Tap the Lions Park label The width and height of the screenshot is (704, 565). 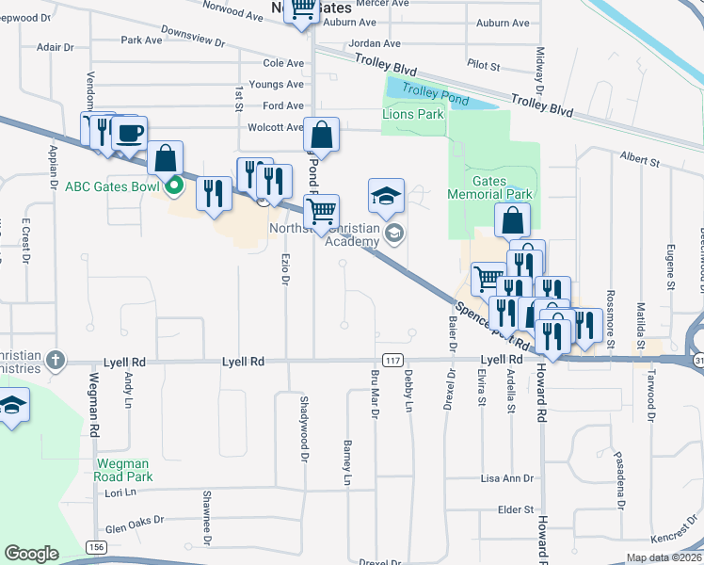412,114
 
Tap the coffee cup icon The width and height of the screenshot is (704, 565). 130,133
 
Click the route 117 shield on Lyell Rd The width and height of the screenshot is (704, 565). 393,361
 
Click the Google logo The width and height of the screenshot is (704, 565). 31,554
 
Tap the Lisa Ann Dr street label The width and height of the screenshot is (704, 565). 506,478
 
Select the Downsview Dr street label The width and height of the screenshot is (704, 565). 195,42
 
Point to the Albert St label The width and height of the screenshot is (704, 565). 639,162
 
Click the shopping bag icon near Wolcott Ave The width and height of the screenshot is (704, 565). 321,136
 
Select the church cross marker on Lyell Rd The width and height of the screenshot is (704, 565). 56,360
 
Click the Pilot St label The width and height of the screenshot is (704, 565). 483,64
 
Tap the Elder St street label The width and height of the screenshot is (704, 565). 516,509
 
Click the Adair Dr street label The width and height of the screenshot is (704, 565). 55,47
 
